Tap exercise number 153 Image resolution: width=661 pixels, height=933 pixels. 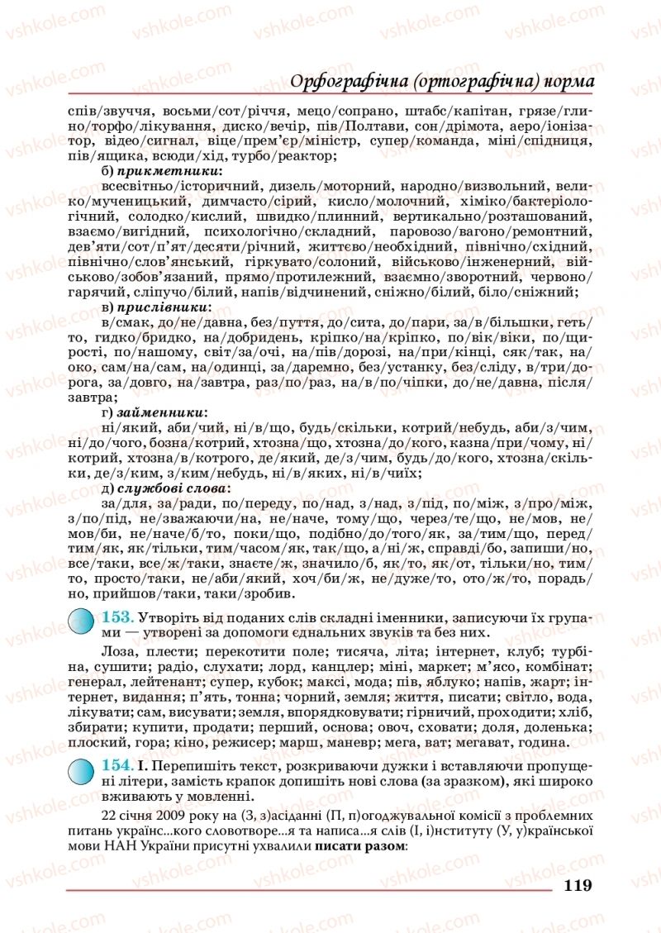click(x=117, y=618)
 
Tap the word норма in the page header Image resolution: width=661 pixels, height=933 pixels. click(x=568, y=81)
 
